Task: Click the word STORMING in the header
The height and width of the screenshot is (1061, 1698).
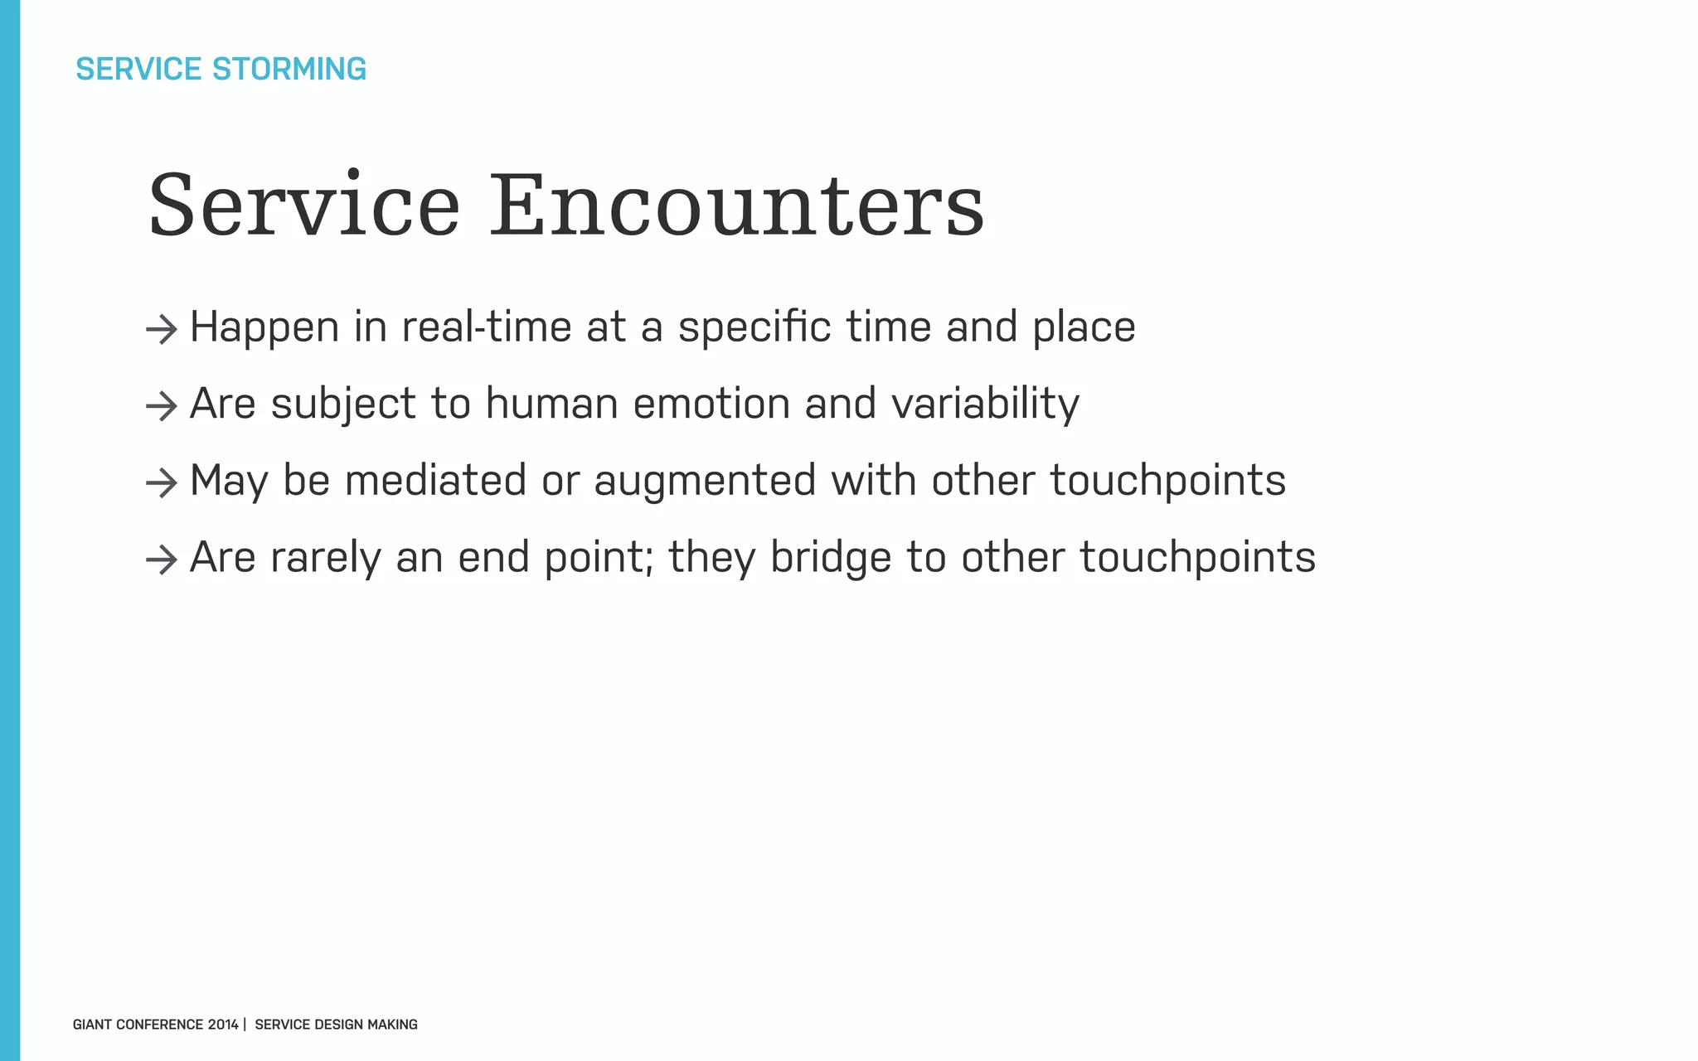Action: click(289, 69)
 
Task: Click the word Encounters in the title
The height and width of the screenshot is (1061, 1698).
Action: click(737, 206)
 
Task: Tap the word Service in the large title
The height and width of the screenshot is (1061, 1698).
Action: click(303, 206)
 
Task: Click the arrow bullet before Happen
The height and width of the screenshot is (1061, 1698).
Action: click(162, 330)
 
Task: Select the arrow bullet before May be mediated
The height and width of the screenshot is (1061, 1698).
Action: click(162, 483)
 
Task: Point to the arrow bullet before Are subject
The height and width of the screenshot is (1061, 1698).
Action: click(162, 406)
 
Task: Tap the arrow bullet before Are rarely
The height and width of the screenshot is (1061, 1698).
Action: click(162, 560)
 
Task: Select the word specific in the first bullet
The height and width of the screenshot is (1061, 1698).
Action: click(754, 327)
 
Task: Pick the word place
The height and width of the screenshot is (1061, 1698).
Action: click(1084, 327)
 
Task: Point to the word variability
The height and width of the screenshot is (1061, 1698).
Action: click(985, 404)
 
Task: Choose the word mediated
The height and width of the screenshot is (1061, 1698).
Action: click(435, 481)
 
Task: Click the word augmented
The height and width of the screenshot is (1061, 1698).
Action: click(705, 481)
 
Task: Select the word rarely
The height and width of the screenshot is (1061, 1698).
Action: click(326, 557)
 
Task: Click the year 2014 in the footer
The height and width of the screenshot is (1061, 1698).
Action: click(223, 1025)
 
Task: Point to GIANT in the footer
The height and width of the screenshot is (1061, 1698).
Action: click(92, 1025)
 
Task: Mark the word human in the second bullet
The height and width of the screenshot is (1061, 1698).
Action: click(551, 404)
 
